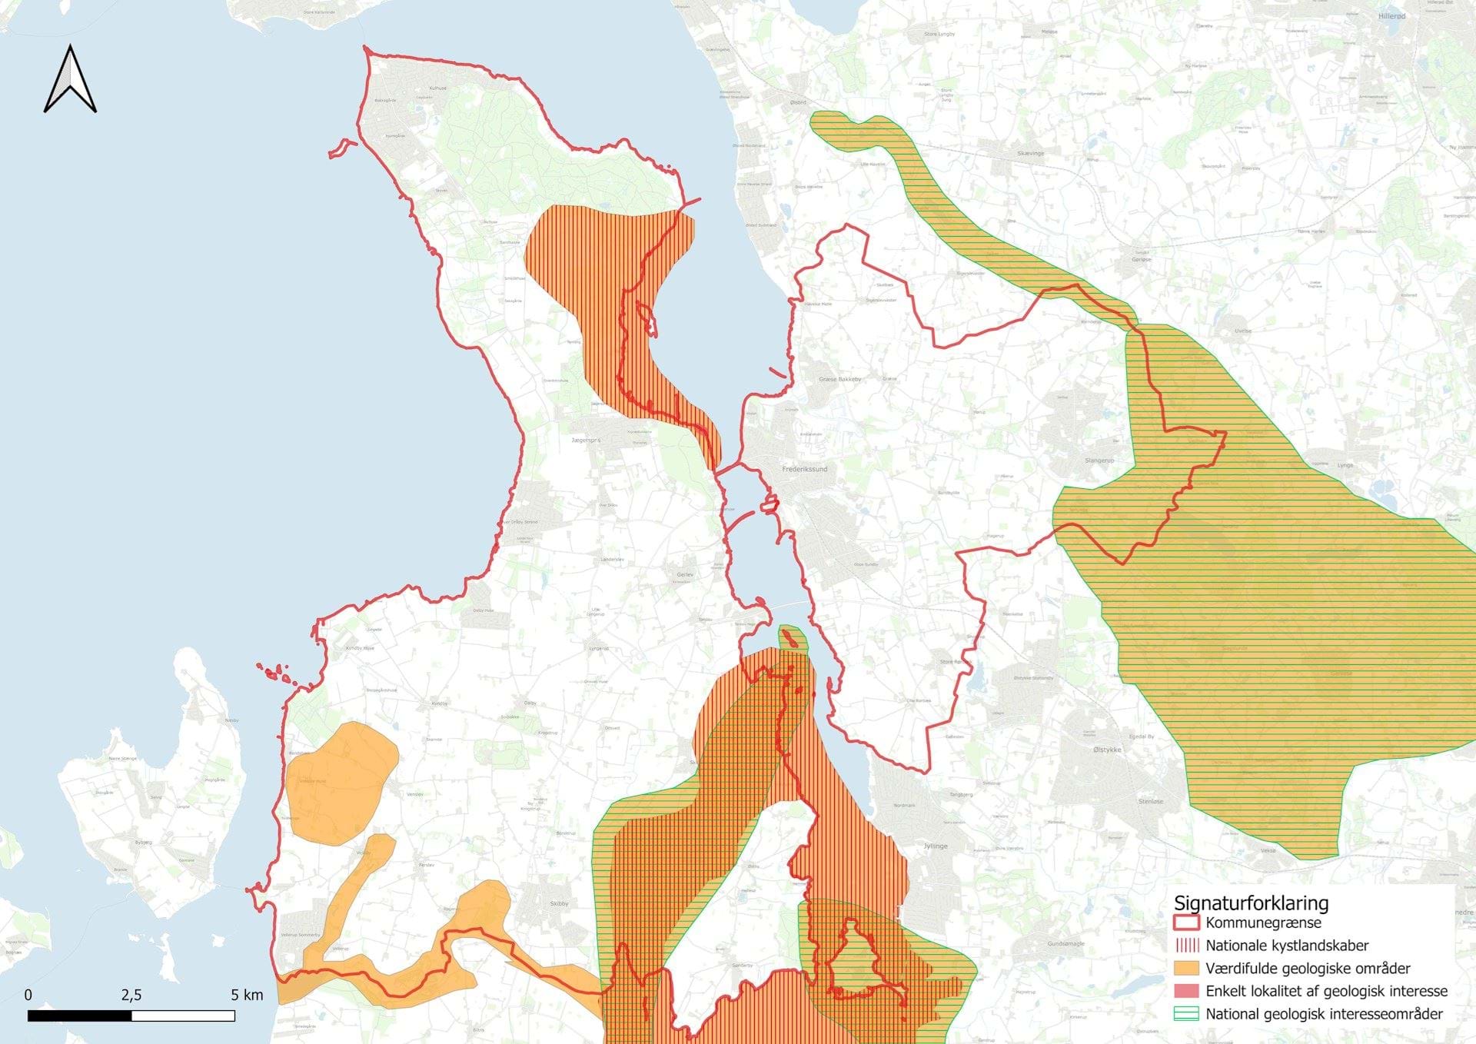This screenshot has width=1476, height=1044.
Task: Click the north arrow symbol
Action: [70, 80]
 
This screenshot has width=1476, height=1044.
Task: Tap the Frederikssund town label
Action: [804, 469]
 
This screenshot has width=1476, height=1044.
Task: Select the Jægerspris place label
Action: [586, 441]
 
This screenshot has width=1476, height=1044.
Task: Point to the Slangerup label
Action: [1099, 460]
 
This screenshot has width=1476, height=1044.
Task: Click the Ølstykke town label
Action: [1107, 750]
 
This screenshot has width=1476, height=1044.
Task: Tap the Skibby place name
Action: [559, 903]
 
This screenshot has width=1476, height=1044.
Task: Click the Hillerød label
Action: [1391, 16]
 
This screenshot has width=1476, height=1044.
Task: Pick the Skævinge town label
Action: [1031, 153]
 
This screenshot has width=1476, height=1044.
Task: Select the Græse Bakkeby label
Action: [839, 379]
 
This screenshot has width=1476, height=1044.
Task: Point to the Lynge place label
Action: [1345, 465]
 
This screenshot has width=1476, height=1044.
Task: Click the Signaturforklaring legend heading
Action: [1251, 903]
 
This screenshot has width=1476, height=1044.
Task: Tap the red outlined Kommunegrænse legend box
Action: [1186, 923]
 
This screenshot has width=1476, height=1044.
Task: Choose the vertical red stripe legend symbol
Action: [1186, 946]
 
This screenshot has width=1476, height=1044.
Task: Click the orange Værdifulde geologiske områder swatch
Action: [1186, 969]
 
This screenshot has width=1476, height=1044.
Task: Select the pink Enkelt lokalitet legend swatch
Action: [1186, 991]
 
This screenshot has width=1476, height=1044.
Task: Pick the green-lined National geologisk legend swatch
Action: [1186, 1014]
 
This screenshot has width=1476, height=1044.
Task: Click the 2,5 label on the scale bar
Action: [131, 995]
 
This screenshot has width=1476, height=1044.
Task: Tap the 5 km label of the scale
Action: [247, 995]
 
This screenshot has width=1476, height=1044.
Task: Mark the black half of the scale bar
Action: [80, 1016]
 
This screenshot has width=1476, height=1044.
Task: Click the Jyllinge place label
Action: [936, 846]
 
